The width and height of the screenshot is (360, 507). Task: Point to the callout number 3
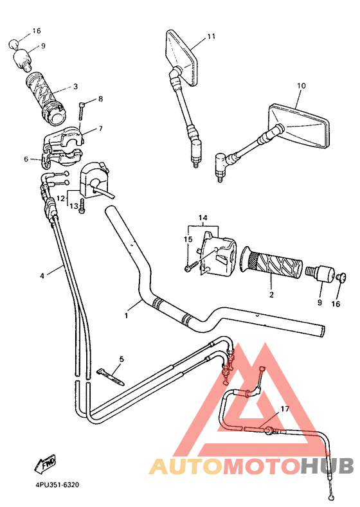tap(75, 86)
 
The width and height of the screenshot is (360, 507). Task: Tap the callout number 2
tap(271, 295)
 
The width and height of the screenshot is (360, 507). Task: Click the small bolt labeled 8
tap(82, 111)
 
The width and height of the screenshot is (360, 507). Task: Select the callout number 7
tap(100, 129)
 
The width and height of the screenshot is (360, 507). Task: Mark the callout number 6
tap(27, 159)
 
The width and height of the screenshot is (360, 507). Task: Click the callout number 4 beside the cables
tap(42, 276)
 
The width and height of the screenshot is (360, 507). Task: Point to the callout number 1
tap(127, 315)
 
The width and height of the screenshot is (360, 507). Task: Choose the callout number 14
tap(204, 218)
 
